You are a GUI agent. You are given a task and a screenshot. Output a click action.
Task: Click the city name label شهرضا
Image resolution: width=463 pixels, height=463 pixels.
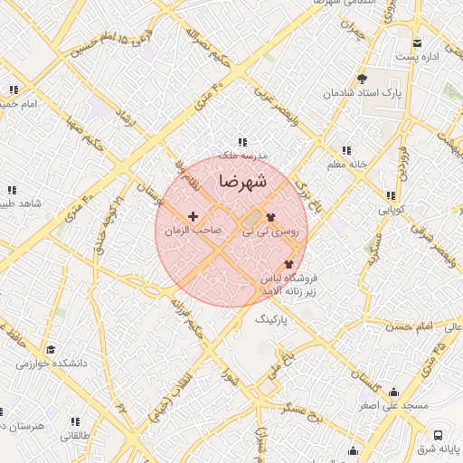point(242,181)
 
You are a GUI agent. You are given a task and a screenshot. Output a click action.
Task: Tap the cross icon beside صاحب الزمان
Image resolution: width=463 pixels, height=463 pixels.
point(193,217)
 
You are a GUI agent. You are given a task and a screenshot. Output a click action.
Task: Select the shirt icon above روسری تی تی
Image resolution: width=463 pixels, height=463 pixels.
point(269,217)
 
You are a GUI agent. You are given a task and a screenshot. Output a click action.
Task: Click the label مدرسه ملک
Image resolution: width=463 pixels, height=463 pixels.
point(241,156)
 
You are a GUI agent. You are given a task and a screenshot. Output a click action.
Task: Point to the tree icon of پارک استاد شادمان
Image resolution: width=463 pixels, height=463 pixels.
point(363,79)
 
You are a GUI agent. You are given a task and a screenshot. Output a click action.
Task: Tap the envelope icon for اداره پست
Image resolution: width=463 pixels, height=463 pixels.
point(417,43)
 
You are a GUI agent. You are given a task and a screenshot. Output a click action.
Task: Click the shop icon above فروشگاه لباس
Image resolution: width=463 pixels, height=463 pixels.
point(288,264)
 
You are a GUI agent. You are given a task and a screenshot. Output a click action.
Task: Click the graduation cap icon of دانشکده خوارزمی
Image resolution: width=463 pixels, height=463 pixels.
point(51,349)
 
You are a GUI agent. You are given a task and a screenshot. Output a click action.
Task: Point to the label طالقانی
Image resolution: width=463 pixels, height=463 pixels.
point(75,435)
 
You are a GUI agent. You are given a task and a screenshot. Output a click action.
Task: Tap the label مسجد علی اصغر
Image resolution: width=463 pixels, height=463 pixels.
point(392,406)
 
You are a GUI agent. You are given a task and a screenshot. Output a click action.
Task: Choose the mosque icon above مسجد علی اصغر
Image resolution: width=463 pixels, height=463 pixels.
point(392,392)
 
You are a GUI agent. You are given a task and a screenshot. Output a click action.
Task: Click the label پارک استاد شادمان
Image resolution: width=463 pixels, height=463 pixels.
point(363,93)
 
